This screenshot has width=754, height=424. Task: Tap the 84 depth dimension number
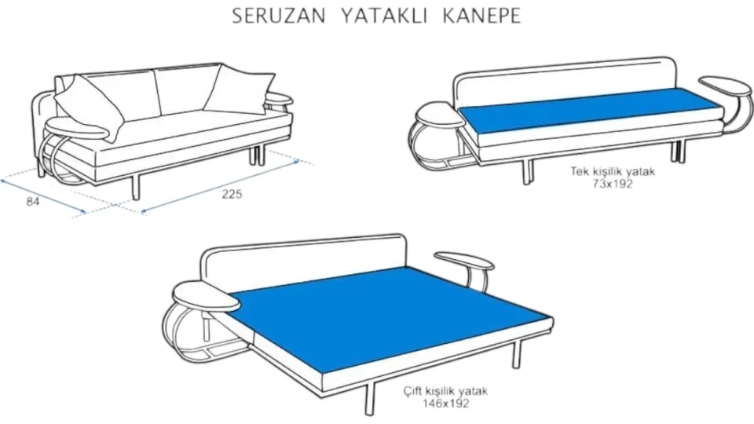click(33, 202)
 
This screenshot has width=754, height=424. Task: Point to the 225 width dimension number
click(232, 195)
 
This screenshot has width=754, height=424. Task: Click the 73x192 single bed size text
click(613, 185)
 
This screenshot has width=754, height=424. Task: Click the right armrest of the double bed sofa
click(463, 260)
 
